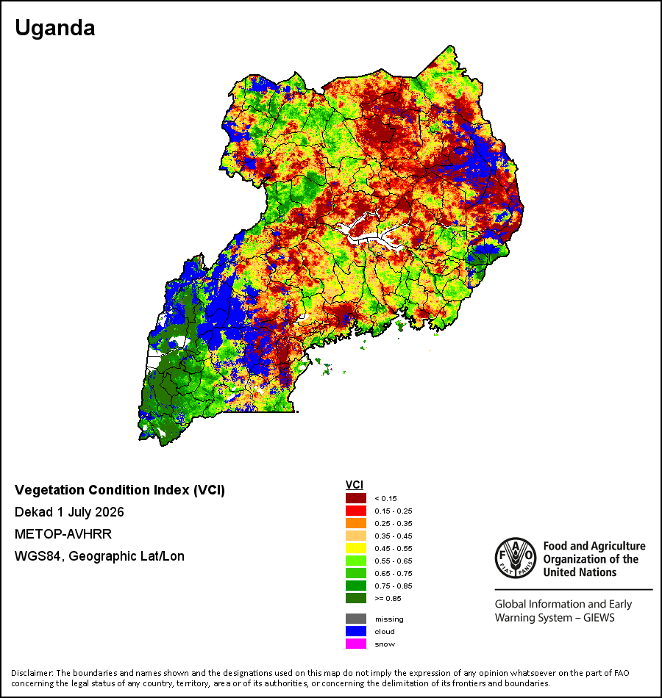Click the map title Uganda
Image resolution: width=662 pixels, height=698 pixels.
pyautogui.click(x=55, y=28)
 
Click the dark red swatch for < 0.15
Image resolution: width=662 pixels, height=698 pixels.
pyautogui.click(x=356, y=498)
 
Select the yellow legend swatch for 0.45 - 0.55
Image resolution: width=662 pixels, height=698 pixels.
pyautogui.click(x=356, y=548)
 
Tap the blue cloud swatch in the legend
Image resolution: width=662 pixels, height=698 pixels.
pyautogui.click(x=356, y=631)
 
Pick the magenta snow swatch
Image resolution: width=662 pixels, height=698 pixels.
pyautogui.click(x=356, y=644)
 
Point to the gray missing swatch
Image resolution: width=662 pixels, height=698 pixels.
pyautogui.click(x=356, y=619)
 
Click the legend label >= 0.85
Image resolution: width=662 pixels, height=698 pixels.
pyautogui.click(x=388, y=598)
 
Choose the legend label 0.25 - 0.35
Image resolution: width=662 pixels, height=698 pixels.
pyautogui.click(x=394, y=523)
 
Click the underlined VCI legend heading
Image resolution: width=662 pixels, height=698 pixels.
pyautogui.click(x=355, y=485)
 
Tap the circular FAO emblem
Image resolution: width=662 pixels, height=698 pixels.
pyautogui.click(x=516, y=558)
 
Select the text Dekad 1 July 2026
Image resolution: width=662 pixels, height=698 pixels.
pyautogui.click(x=69, y=512)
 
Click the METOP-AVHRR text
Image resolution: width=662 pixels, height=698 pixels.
pyautogui.click(x=63, y=533)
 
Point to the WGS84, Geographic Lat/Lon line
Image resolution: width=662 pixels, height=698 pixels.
pyautogui.click(x=99, y=556)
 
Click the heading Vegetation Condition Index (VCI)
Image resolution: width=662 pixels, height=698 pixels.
pyautogui.click(x=120, y=490)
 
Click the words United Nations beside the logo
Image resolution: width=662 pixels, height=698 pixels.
pyautogui.click(x=580, y=572)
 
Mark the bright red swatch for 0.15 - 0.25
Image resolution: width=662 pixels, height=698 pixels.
pyautogui.click(x=356, y=511)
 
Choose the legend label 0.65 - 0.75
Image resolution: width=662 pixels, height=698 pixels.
pyautogui.click(x=394, y=573)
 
